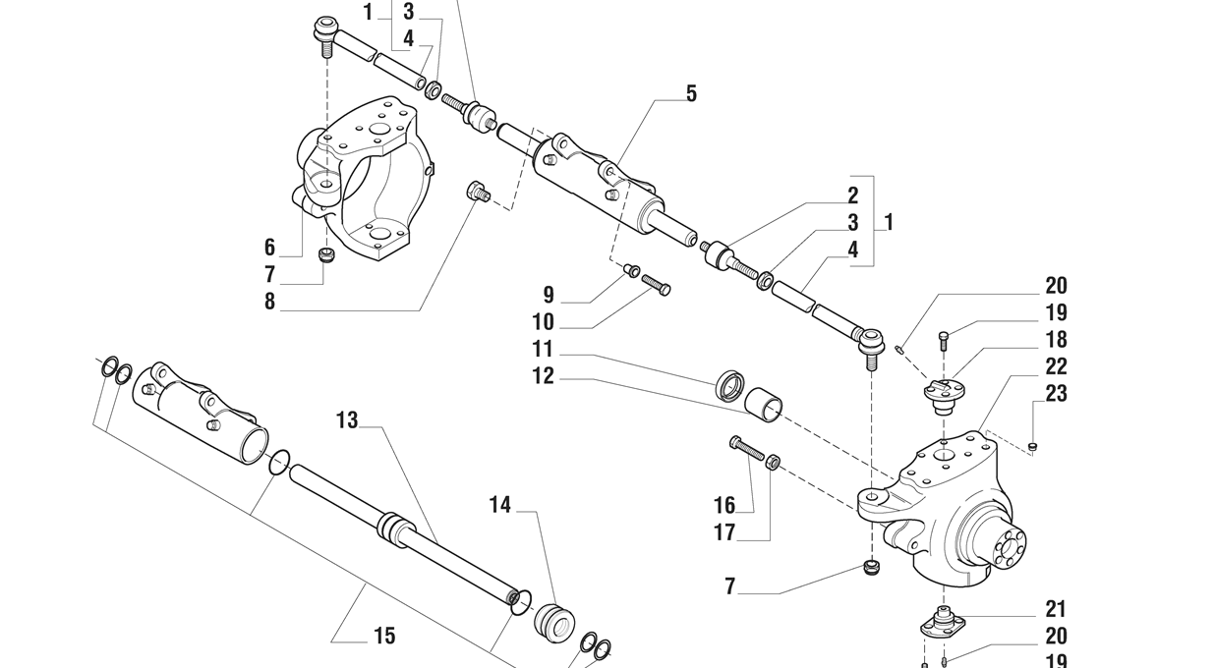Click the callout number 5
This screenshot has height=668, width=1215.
tap(691, 93)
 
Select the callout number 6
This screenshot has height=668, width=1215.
tap(269, 248)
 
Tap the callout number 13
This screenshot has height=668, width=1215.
tap(347, 420)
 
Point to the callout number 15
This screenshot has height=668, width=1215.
tap(384, 637)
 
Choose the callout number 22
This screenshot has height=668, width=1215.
tap(1056, 366)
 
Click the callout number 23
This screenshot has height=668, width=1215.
tap(1056, 394)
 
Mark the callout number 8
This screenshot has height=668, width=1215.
tap(269, 302)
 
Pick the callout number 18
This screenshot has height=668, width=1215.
tap(1056, 340)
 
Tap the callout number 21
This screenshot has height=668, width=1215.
tap(1056, 609)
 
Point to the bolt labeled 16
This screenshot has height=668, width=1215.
tap(747, 447)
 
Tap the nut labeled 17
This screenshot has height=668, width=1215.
tap(774, 461)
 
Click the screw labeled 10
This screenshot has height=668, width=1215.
tap(657, 285)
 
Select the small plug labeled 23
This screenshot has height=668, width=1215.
tap(1032, 447)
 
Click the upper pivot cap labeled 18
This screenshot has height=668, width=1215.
tap(943, 391)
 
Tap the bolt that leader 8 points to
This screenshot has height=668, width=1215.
tap(479, 191)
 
